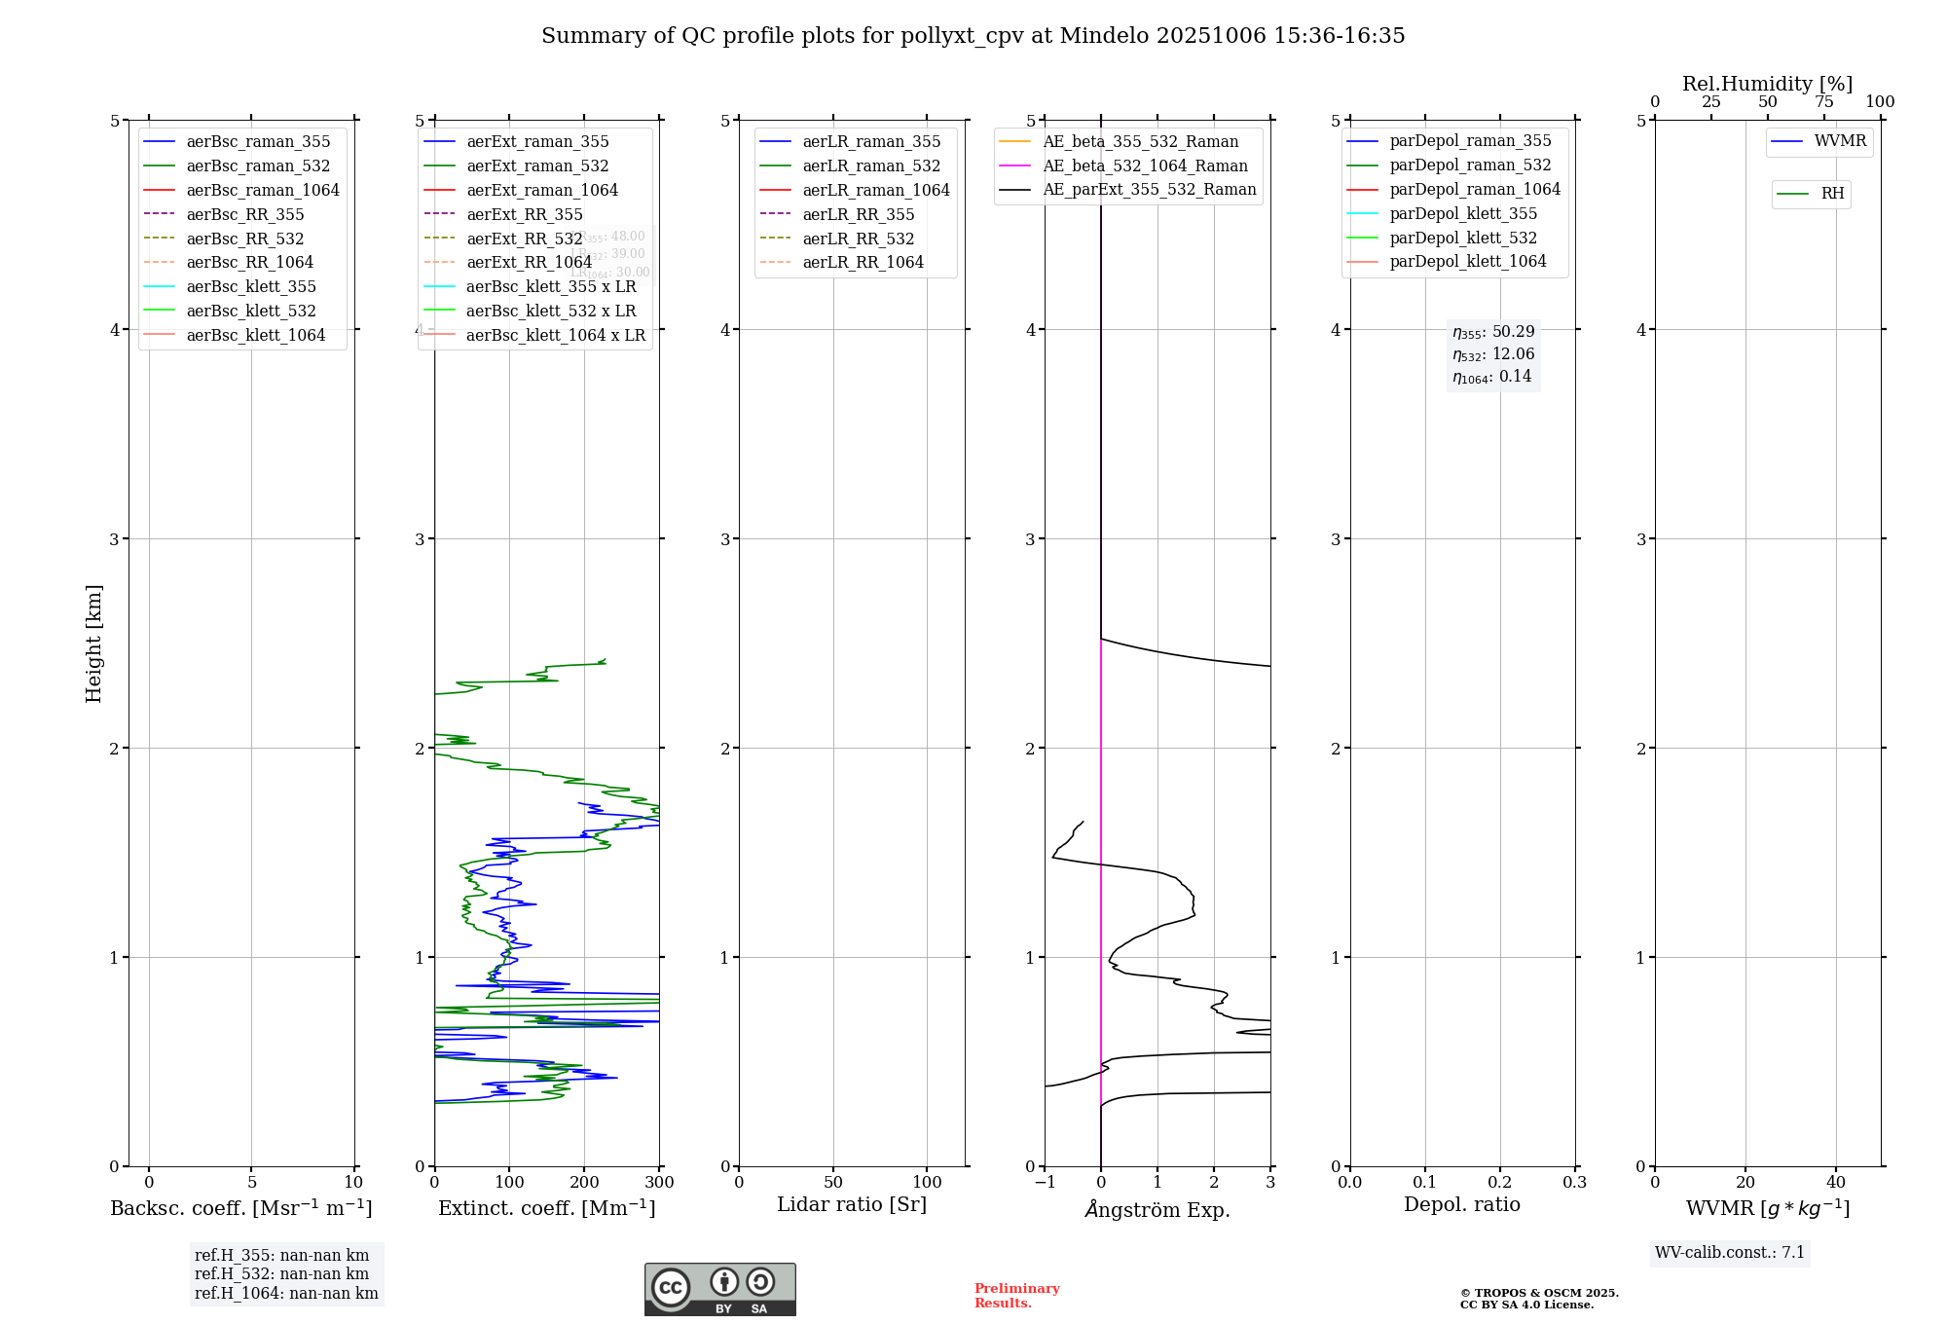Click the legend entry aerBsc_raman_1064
coord(263,190)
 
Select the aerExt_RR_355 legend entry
coord(524,214)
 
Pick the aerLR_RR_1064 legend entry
coord(863,262)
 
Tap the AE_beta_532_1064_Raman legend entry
coord(1145,165)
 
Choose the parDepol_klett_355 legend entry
coord(1463,213)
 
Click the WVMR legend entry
coord(1840,141)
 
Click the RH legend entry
coord(1832,194)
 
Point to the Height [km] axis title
coord(93,643)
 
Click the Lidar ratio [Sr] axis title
coord(852,1204)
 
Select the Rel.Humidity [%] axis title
coord(1767,84)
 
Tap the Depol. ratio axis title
coord(1461,1204)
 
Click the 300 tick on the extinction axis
coord(659,1183)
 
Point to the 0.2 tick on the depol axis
coord(1500,1183)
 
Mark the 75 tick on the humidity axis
coord(1823,102)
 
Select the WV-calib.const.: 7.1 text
coord(1730,1253)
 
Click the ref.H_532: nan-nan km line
coord(281,1274)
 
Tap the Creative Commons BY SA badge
coord(719,1290)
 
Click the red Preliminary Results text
coord(1016,1296)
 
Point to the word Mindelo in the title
coord(1104,36)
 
